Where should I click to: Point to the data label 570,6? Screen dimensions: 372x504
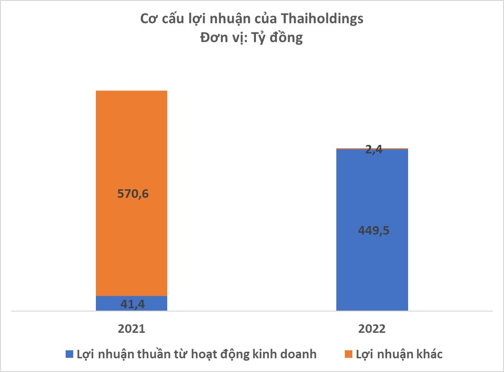click(131, 194)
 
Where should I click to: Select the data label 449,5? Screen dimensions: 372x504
click(372, 231)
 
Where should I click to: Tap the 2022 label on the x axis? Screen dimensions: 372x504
click(372, 329)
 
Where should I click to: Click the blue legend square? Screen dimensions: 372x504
click(69, 354)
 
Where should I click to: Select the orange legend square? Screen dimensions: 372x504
click(348, 354)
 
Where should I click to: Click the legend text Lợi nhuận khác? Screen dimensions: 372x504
click(399, 354)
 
